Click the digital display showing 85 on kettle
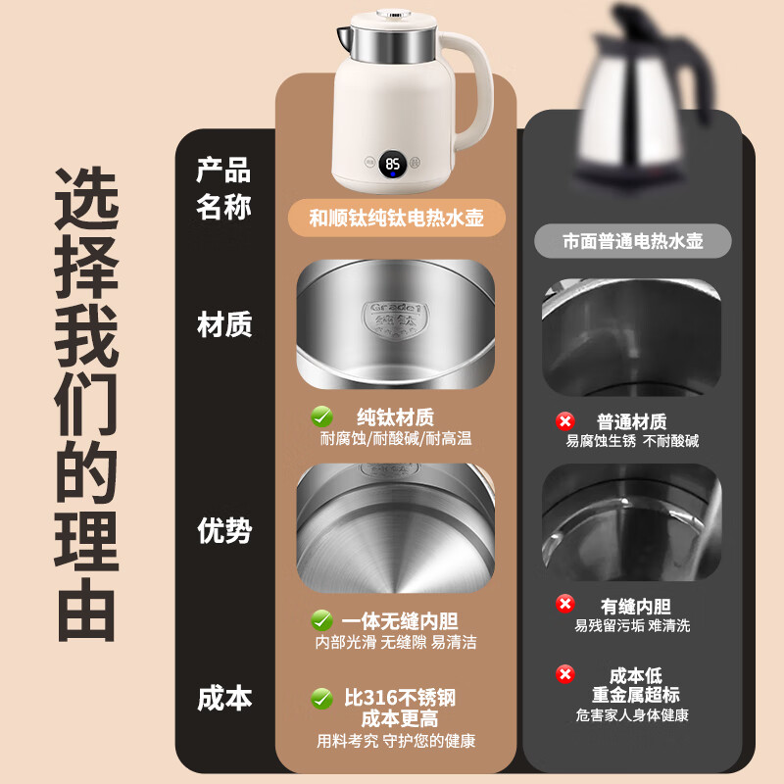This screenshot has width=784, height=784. (392, 165)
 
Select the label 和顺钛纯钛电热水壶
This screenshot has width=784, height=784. (397, 218)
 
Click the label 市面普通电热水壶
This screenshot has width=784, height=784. (633, 240)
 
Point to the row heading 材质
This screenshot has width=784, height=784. (224, 324)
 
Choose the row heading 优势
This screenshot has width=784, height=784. (224, 530)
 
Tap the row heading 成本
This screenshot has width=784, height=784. (224, 698)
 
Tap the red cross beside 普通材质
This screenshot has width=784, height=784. (564, 421)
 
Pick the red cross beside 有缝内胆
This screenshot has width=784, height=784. (564, 604)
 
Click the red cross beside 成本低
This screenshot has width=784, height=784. (564, 674)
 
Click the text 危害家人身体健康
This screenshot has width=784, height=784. (633, 715)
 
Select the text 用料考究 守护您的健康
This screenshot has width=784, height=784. (396, 741)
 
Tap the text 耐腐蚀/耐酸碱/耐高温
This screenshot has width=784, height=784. (396, 439)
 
